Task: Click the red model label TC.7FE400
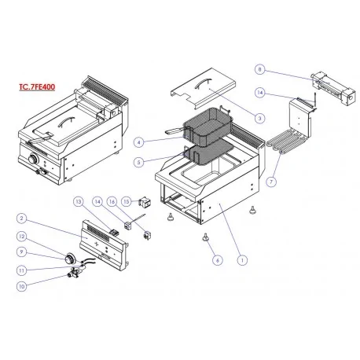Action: [37, 86]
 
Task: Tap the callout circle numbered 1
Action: [242, 260]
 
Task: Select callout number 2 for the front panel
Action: [21, 219]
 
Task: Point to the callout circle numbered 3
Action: [259, 118]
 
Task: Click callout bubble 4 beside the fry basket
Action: [139, 142]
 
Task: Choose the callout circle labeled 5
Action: [138, 162]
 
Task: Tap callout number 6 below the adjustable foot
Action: [217, 260]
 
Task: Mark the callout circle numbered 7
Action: [271, 182]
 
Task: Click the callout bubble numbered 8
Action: [259, 69]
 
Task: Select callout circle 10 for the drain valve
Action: [21, 286]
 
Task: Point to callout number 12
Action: [21, 237]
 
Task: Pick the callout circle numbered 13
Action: [78, 201]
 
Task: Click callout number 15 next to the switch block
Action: [127, 201]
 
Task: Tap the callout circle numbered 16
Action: [112, 201]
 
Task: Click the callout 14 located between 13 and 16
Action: [97, 201]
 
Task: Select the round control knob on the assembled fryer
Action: [33, 159]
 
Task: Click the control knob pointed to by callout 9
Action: [70, 259]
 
